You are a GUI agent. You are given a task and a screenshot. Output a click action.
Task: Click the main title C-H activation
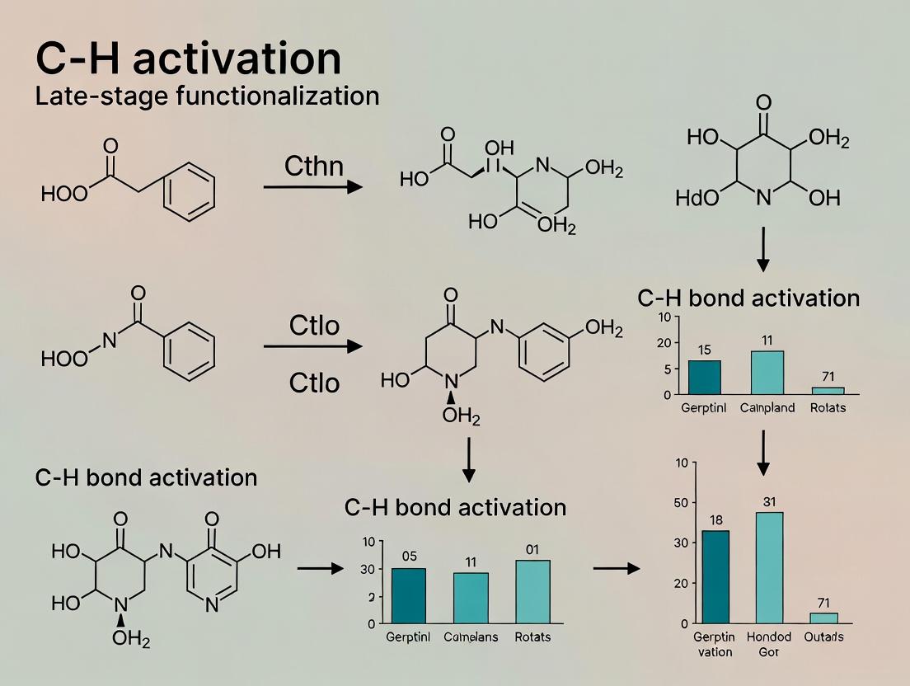point(188,59)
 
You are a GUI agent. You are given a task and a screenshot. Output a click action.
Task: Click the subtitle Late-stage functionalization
point(207,96)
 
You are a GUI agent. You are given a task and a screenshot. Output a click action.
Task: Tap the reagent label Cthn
point(314,167)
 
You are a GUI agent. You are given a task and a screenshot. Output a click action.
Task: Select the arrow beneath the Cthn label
point(312,187)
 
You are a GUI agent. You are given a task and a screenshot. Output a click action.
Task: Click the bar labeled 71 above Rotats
point(828,390)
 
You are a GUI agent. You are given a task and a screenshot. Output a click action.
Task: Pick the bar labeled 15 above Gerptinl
point(704,377)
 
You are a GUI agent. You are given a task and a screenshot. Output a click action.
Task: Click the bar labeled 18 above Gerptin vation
point(715,576)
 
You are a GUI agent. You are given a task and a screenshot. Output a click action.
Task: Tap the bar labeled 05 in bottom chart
point(409,595)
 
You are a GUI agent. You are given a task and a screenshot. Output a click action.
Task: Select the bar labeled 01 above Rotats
point(532,591)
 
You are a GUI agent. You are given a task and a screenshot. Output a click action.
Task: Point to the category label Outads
point(823,637)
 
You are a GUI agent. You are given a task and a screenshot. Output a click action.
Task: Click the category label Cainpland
point(767,408)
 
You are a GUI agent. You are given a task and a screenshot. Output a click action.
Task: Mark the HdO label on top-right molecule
point(697,198)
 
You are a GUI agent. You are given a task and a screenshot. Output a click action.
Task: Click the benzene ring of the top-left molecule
point(189,191)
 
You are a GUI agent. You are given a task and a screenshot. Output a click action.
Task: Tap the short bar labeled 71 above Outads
point(823,618)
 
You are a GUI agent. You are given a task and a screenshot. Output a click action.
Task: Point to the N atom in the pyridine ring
point(212,604)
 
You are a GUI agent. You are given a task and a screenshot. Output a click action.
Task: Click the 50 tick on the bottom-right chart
point(681,502)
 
